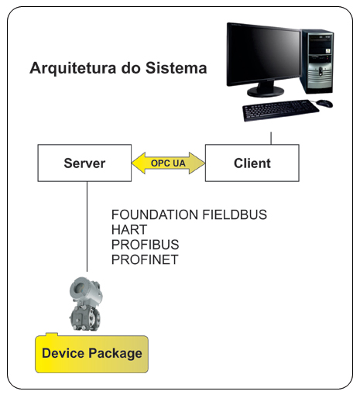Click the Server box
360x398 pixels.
(x=84, y=163)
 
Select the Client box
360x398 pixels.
(x=252, y=163)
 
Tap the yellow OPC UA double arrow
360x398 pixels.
(x=168, y=163)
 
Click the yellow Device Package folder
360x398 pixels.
(x=91, y=353)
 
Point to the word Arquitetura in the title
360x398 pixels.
(x=73, y=68)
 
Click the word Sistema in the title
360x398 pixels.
(x=177, y=68)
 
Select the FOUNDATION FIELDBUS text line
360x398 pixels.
(x=189, y=214)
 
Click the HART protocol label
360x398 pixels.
(x=129, y=229)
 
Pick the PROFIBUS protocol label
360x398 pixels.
(x=145, y=245)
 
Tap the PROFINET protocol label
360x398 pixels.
(x=145, y=259)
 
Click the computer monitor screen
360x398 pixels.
(x=264, y=54)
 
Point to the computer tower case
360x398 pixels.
(x=317, y=61)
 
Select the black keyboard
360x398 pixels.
(x=280, y=110)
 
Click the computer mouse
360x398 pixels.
(x=324, y=104)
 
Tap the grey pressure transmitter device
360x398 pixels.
(x=85, y=304)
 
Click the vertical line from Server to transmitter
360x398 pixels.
(x=87, y=227)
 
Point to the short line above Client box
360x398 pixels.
(x=271, y=138)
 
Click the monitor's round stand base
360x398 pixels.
(x=266, y=91)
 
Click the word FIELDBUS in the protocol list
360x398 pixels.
(x=235, y=214)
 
